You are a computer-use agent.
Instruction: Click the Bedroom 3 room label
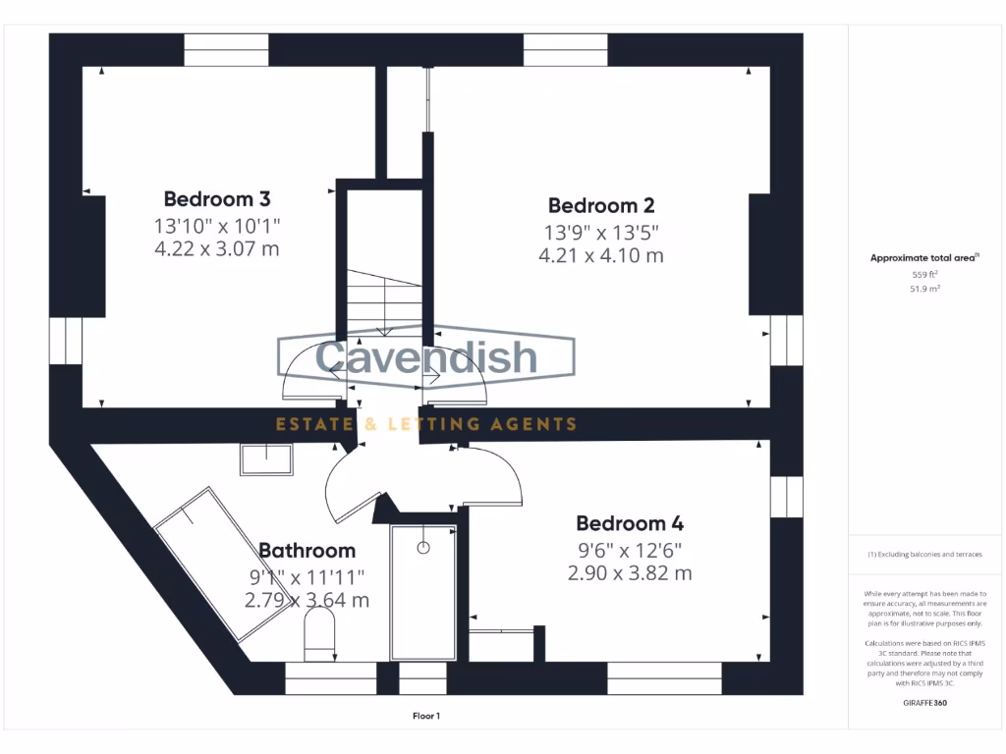(x=216, y=198)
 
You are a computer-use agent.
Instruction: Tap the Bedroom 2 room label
(x=600, y=205)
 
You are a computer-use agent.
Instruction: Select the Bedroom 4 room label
(x=629, y=523)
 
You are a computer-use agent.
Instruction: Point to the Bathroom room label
(x=307, y=551)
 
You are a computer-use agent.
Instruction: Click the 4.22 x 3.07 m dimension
(x=216, y=249)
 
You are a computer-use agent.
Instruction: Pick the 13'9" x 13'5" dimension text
(x=600, y=232)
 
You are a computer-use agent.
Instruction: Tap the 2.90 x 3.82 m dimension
(x=629, y=573)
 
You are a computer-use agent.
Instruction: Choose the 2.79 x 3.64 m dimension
(x=307, y=600)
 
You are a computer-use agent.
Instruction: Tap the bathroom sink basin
(x=265, y=458)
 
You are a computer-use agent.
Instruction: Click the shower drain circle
(x=423, y=548)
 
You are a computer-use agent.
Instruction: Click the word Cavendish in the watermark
(x=426, y=356)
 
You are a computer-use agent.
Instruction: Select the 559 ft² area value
(x=924, y=275)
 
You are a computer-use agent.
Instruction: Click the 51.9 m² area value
(x=924, y=290)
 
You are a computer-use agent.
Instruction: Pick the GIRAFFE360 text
(x=924, y=703)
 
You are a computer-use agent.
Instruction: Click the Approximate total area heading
(x=922, y=258)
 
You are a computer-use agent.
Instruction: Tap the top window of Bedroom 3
(x=226, y=49)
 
